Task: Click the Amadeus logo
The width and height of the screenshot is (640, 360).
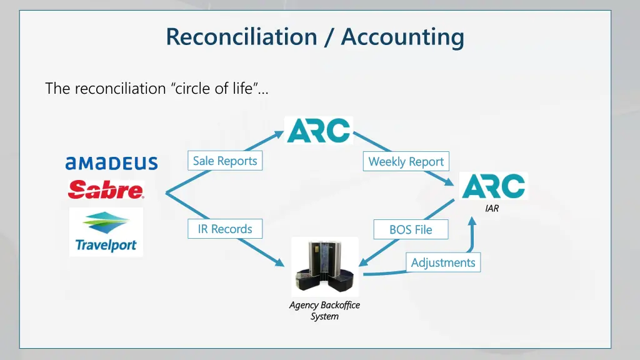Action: click(x=111, y=163)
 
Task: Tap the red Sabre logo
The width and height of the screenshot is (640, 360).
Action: click(x=106, y=189)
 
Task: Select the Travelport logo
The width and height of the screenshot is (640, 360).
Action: click(x=106, y=232)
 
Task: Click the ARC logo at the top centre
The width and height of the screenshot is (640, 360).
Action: click(x=319, y=130)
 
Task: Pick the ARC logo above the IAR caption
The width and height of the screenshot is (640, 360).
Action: click(x=494, y=186)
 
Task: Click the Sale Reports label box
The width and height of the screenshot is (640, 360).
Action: click(x=225, y=161)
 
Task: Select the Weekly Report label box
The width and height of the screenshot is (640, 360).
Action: click(x=406, y=161)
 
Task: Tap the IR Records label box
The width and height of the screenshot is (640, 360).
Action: click(x=225, y=229)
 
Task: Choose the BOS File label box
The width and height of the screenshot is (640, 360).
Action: click(x=411, y=229)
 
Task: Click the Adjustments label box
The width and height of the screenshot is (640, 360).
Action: click(x=443, y=262)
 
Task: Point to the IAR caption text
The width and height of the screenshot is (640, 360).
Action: click(x=492, y=209)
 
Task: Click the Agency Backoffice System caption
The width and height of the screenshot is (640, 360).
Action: click(x=324, y=311)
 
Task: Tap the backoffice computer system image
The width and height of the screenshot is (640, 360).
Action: click(x=325, y=267)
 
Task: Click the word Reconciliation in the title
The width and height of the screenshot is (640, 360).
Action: click(x=241, y=37)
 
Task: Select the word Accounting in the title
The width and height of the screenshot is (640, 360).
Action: click(x=402, y=37)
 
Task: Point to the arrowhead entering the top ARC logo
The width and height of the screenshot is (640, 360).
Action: click(x=279, y=133)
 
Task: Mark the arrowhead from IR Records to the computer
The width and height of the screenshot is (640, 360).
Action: click(x=281, y=263)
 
